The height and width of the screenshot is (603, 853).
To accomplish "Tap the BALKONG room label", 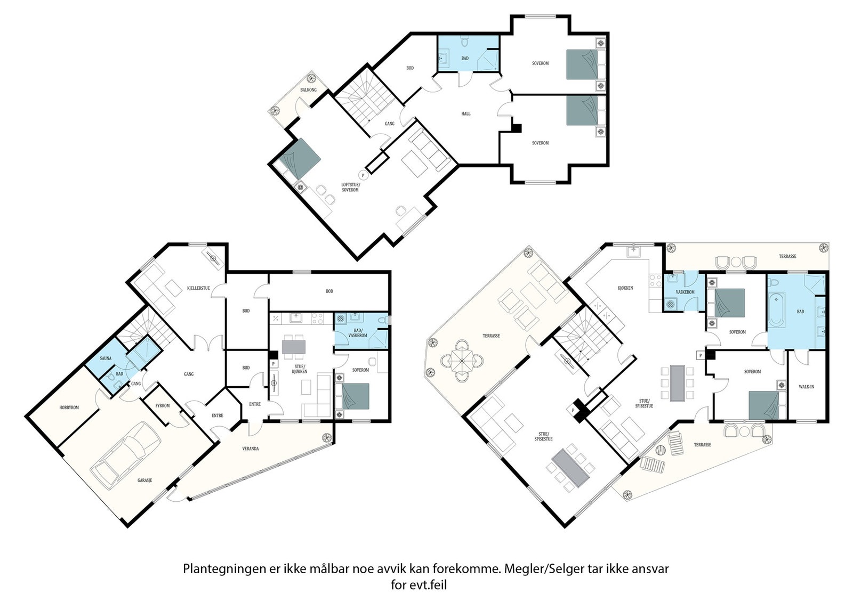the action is tap(309, 90).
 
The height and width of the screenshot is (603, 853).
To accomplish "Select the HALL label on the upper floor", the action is tap(466, 113).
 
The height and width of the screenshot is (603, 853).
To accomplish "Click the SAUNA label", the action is tap(106, 358).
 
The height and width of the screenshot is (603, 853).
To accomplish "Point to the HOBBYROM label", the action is tap(69, 408).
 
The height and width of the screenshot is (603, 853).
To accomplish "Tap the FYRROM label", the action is tap(163, 405).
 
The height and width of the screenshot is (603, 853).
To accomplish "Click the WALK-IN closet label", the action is tap(806, 387).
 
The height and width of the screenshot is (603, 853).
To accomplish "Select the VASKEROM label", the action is tap(685, 292).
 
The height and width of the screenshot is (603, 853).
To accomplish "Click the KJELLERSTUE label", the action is tap(198, 288).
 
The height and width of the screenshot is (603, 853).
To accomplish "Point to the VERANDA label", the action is tap(251, 449).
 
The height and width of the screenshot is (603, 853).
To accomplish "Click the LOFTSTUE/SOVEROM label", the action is tap(350, 187).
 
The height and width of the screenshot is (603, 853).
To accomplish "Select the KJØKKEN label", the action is tap(625, 288).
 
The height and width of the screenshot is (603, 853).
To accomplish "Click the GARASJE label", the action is tap(144, 480).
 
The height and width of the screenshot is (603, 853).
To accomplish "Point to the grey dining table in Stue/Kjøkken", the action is tap(294, 347).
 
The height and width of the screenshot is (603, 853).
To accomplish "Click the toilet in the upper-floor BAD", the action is tap(464, 42).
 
